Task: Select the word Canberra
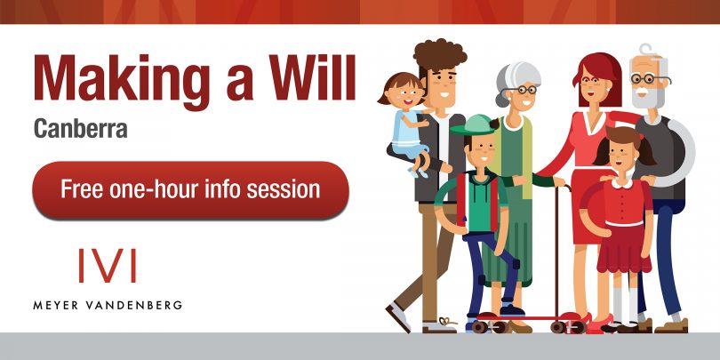[x=80, y=129]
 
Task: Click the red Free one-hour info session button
[x=190, y=189]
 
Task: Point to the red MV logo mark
[x=108, y=266]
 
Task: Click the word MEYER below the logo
[x=58, y=306]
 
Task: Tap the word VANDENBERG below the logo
[x=135, y=306]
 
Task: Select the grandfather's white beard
[x=647, y=96]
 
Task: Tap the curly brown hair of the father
[x=439, y=54]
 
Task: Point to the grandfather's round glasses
[x=648, y=78]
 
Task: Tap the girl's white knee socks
[x=626, y=302]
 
